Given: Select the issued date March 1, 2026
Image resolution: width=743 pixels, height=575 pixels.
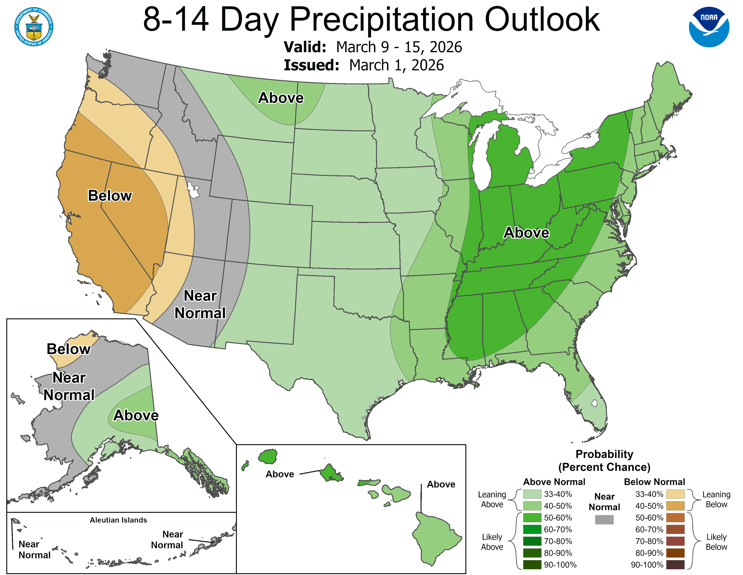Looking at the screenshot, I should (396, 65).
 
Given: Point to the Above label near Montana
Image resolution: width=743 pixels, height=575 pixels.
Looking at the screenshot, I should (281, 98).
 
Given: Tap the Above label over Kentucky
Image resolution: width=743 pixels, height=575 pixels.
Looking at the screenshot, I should (526, 233).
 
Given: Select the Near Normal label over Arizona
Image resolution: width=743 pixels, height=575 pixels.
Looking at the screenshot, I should (200, 304).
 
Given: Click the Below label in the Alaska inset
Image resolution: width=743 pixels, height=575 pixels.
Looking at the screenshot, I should (68, 349).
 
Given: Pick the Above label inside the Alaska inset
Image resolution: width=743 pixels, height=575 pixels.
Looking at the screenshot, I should (136, 415).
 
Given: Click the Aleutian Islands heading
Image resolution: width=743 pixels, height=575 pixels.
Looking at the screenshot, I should (118, 520).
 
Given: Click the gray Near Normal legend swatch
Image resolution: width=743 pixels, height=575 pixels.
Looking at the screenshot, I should (604, 520).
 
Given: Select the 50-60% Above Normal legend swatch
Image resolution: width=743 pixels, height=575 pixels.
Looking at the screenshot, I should (532, 518).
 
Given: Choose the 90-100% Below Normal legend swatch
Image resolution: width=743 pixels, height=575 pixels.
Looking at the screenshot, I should (675, 565).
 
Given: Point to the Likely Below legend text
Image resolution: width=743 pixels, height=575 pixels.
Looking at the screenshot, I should (716, 542).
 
